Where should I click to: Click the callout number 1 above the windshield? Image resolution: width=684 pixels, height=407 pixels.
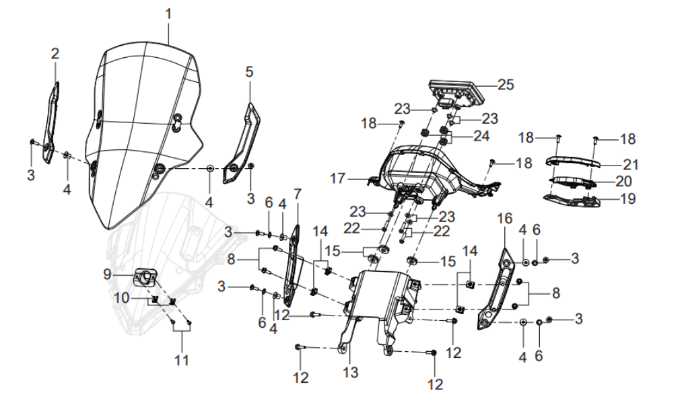click(x=168, y=13)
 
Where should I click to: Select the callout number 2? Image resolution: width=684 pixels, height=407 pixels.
click(x=55, y=53)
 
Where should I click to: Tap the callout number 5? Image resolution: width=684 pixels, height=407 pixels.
click(x=249, y=71)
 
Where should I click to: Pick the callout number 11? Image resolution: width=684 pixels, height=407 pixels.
click(x=182, y=360)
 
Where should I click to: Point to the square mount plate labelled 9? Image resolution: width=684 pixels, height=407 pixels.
click(x=145, y=276)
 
